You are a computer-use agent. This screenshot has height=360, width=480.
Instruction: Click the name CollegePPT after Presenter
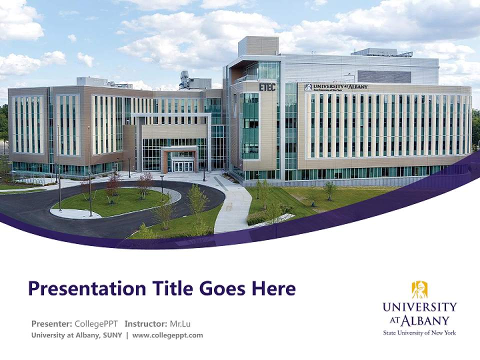click(96, 323)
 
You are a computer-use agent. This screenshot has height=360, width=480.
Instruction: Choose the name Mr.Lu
click(180, 323)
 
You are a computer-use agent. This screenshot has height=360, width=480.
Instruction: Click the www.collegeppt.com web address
click(167, 335)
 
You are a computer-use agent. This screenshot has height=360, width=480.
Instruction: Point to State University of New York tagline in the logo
click(419, 332)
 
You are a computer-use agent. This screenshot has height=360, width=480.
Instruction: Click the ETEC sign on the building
click(267, 87)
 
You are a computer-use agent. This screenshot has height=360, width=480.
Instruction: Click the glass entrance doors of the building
click(182, 166)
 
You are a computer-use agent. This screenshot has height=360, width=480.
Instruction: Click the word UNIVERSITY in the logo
click(419, 306)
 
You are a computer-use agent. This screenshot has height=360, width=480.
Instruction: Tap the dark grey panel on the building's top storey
click(384, 76)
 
